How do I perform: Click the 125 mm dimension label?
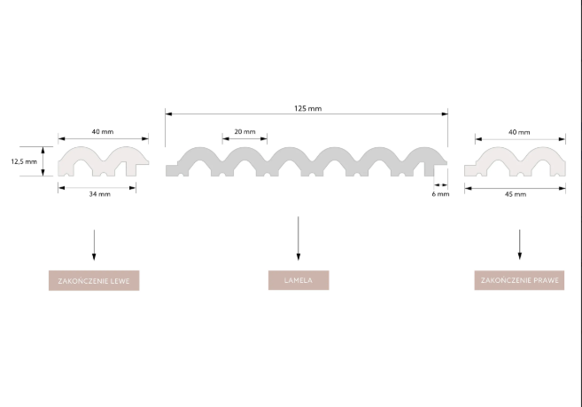(307, 108)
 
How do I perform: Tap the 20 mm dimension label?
(244, 131)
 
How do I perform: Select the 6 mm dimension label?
(440, 194)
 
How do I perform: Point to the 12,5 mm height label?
(24, 161)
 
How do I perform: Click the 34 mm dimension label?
(99, 194)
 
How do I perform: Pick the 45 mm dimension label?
(516, 194)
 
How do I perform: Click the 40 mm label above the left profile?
(103, 131)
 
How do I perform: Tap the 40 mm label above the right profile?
(519, 132)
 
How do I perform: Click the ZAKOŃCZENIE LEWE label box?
(94, 280)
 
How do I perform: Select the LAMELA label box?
(299, 280)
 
